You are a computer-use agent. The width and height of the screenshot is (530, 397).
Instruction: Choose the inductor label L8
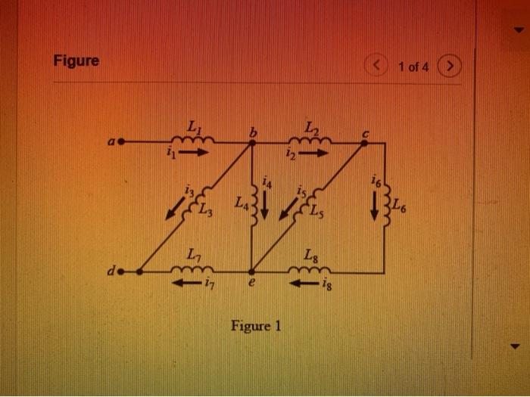(x=312, y=255)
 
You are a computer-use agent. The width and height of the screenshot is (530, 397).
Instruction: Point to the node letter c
(x=364, y=132)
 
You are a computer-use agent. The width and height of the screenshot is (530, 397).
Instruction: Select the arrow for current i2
(x=313, y=153)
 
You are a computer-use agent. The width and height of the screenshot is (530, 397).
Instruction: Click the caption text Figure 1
(x=256, y=327)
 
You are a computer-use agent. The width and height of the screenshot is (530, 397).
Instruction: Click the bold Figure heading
(x=76, y=60)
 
